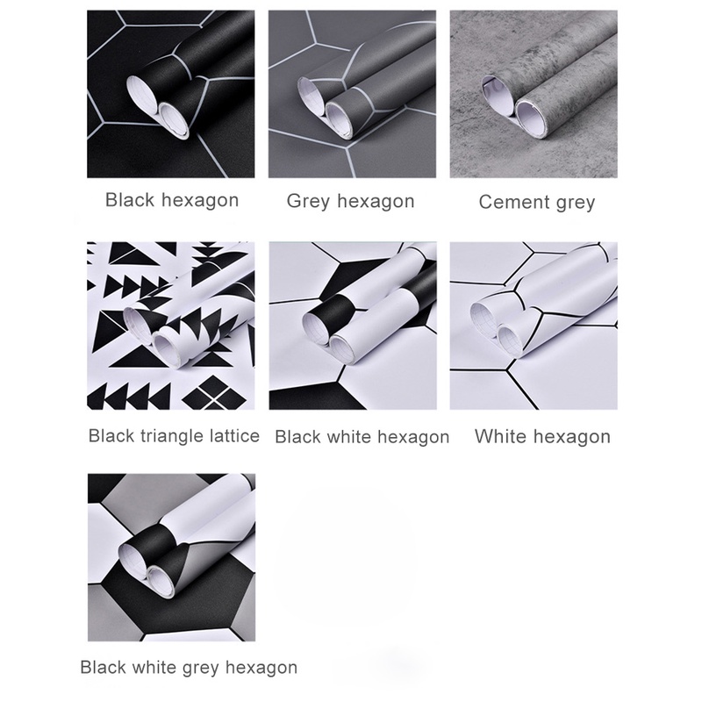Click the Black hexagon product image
170,94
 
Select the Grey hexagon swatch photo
352,94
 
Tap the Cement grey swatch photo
534,94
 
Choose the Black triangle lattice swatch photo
170,326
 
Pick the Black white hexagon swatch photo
353,326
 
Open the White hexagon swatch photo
534,326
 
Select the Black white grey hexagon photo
171,557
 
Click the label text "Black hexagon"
172,200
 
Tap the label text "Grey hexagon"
350,201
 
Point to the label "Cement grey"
537,202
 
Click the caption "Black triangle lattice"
174,435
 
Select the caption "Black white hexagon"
362,437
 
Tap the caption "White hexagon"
542,436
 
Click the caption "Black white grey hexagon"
189,668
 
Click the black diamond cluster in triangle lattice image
214,392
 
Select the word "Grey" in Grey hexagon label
309,202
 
